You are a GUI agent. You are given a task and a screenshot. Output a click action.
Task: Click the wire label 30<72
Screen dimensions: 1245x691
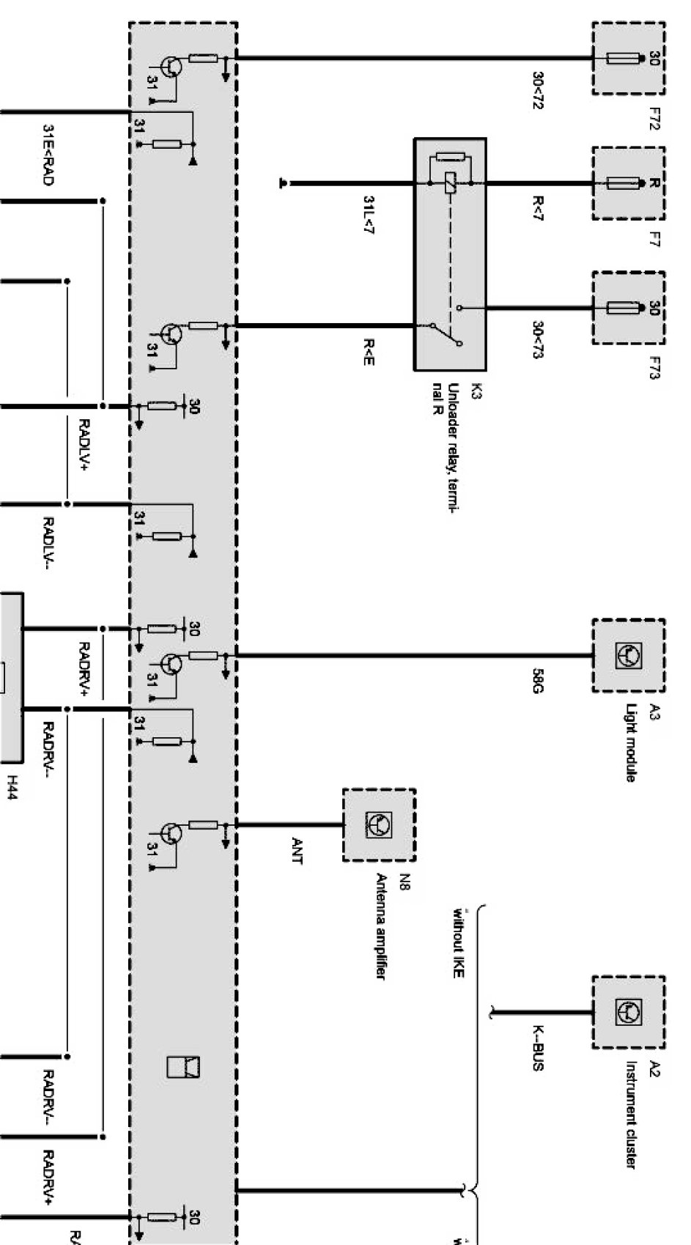pos(538,90)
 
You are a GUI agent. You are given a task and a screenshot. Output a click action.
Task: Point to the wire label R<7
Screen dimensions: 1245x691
pos(538,208)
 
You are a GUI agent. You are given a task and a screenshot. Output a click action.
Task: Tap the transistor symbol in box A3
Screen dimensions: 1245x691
pos(629,654)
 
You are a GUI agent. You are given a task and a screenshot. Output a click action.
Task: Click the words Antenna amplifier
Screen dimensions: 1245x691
pos(381,926)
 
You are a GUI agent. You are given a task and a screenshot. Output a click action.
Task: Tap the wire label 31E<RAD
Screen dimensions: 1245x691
pos(47,155)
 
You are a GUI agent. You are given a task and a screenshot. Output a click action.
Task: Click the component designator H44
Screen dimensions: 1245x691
pos(10,793)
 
